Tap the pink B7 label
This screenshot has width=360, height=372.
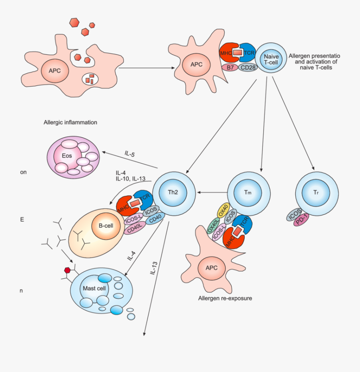point(230,68)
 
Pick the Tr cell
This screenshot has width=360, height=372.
point(316,193)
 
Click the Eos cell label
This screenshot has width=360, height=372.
point(67,156)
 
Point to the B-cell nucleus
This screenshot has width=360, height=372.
point(106,225)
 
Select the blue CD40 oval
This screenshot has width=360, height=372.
point(155,219)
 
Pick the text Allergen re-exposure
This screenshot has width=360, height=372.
point(224,298)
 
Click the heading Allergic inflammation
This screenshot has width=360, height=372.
point(70,122)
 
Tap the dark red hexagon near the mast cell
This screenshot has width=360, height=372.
point(67,270)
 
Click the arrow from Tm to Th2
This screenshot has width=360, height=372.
point(212,193)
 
